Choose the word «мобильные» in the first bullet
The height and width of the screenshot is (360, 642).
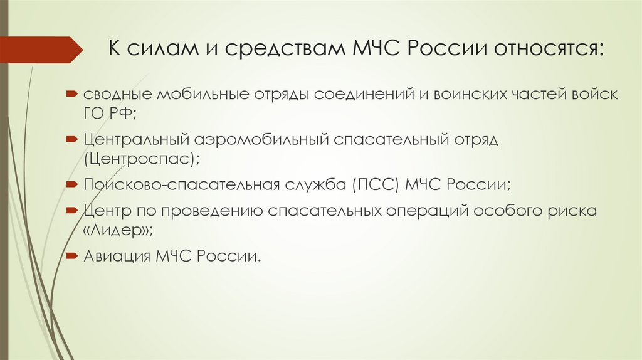192,95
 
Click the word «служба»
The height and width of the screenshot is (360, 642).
316,185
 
